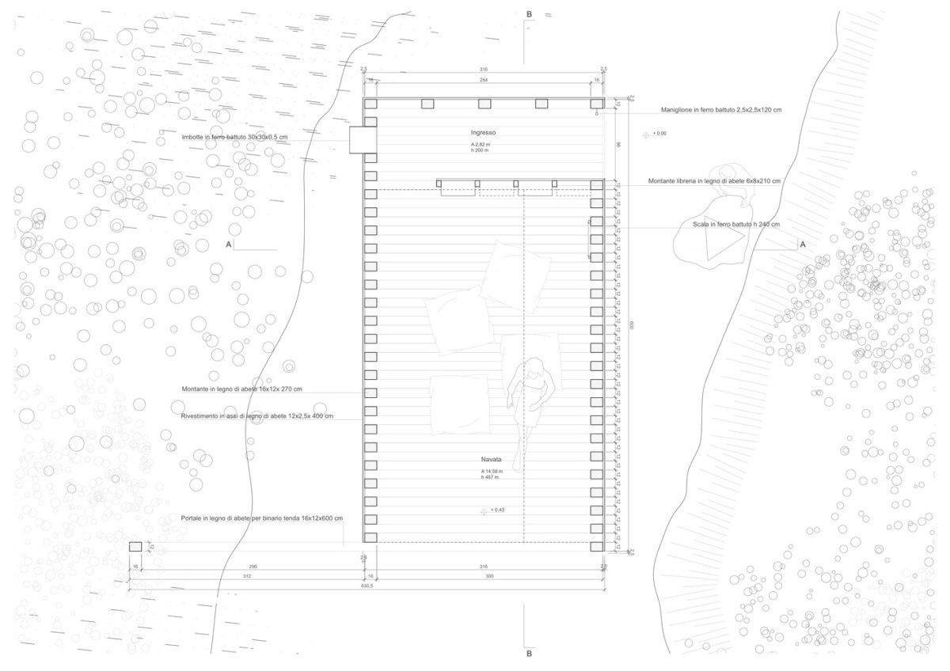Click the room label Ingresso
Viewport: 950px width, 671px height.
pyautogui.click(x=483, y=132)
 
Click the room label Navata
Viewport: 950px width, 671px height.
pyautogui.click(x=492, y=460)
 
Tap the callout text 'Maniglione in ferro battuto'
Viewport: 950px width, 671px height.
pyautogui.click(x=721, y=110)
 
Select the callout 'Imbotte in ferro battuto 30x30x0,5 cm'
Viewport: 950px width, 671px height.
pyautogui.click(x=234, y=137)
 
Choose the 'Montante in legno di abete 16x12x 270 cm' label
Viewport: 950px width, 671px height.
pyautogui.click(x=241, y=389)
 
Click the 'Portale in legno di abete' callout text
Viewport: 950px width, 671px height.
pyautogui.click(x=261, y=518)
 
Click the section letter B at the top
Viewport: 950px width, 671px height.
pyautogui.click(x=529, y=14)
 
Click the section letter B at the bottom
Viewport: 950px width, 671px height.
pyautogui.click(x=529, y=654)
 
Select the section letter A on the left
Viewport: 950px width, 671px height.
pyautogui.click(x=229, y=245)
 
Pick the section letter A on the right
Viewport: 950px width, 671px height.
pyautogui.click(x=802, y=245)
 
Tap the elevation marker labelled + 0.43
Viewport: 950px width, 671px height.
pyautogui.click(x=484, y=511)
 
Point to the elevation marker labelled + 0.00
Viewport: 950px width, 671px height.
pyautogui.click(x=646, y=135)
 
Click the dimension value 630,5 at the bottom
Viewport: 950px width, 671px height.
pyautogui.click(x=366, y=586)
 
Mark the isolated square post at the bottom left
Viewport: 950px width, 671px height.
pyautogui.click(x=135, y=547)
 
